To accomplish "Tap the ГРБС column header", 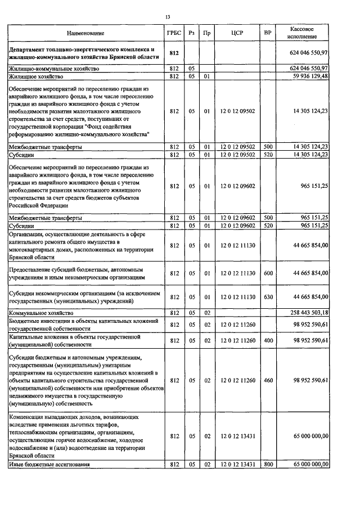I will [173, 33].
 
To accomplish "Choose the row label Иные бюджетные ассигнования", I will [49, 464].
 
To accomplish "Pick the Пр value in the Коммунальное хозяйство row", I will [207, 312].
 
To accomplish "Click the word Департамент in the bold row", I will [29, 49].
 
